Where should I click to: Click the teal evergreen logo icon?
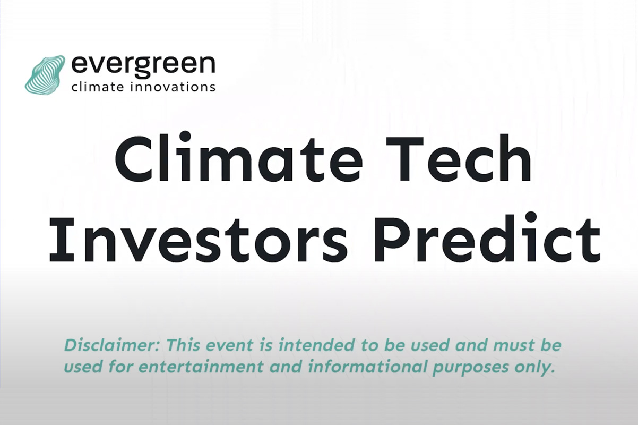point(45,75)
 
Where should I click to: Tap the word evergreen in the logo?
point(143,65)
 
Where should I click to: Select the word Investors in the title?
point(199,240)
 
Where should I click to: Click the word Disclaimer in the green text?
point(113,345)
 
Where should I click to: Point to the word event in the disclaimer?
point(229,345)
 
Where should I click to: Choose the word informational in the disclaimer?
point(367,367)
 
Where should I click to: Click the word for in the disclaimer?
point(121,367)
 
